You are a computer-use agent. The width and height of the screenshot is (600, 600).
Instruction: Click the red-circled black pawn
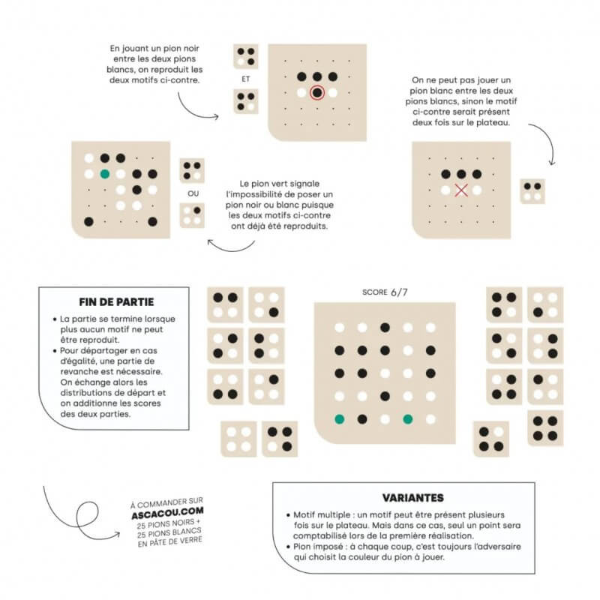click(x=317, y=92)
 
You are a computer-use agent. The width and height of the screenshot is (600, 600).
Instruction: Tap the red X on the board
click(x=461, y=190)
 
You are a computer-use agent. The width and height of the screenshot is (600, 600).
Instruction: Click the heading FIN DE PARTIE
click(x=116, y=302)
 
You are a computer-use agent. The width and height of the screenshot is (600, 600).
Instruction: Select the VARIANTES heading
click(x=413, y=497)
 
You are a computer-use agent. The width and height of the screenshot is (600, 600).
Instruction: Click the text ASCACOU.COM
click(x=167, y=513)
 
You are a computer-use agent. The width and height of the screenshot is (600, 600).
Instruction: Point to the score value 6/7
click(x=399, y=292)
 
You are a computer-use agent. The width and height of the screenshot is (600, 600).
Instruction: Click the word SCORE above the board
click(x=374, y=292)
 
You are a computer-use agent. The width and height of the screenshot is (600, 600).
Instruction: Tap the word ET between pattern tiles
click(x=246, y=79)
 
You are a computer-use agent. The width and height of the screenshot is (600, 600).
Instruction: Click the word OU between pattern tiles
click(x=193, y=193)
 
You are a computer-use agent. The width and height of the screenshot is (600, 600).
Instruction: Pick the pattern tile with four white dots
click(x=238, y=439)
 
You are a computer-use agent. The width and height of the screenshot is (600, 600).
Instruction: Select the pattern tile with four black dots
click(x=545, y=428)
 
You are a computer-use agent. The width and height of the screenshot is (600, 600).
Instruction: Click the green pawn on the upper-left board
click(x=105, y=174)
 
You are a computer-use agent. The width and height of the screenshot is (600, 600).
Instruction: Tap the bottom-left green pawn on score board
click(x=340, y=419)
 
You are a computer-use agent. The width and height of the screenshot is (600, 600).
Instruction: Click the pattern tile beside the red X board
click(x=532, y=191)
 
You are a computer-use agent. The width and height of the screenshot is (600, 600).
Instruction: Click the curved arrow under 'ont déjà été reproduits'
click(x=231, y=248)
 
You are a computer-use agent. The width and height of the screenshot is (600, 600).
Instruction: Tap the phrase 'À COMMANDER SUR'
click(x=166, y=502)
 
